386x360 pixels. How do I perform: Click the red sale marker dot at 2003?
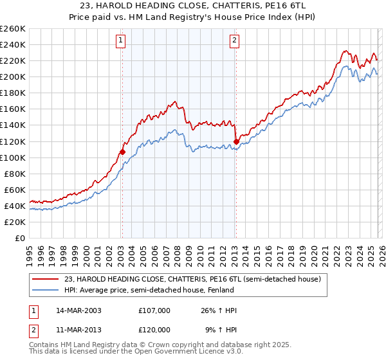tap(122, 152)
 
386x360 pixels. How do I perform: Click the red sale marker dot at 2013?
tap(236, 141)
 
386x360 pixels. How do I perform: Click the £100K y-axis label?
tap(13, 157)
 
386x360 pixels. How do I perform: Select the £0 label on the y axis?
tap(19, 238)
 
